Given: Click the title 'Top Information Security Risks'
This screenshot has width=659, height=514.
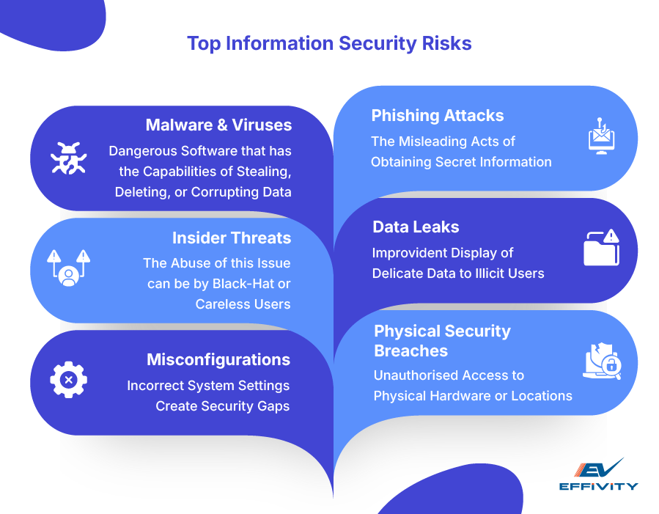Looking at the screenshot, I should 329,43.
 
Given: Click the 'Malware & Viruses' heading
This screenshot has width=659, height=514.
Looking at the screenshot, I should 218,125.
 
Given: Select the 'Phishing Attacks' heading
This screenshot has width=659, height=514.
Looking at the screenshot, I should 437,115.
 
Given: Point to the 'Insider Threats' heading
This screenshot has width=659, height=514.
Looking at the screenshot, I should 232,238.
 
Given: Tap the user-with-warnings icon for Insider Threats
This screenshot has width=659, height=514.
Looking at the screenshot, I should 68,267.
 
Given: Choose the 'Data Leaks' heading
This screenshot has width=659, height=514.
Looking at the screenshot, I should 416,227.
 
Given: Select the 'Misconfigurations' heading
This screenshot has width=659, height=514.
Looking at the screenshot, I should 218,359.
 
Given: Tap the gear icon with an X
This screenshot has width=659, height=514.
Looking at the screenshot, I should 68,379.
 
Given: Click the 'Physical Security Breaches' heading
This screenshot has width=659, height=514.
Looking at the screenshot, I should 442,340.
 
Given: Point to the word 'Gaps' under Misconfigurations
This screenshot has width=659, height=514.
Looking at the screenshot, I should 275,405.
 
